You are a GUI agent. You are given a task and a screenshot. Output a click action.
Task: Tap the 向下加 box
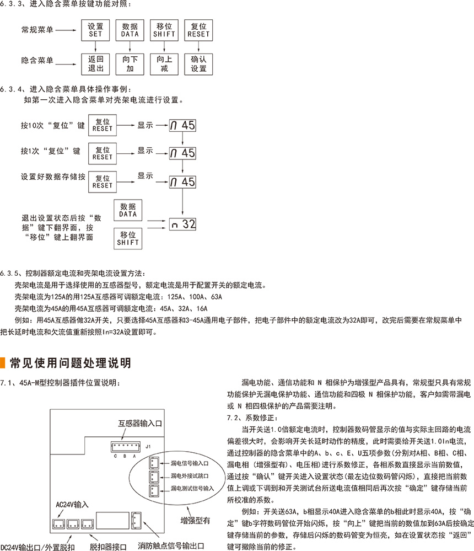tap(130, 64)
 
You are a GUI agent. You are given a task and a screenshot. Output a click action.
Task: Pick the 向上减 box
tap(164, 64)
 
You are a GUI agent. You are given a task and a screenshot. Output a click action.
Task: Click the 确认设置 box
tap(198, 64)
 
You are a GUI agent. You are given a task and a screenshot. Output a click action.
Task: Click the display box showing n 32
tap(182, 224)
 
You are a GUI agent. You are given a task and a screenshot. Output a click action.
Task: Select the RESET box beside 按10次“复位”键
tap(103, 125)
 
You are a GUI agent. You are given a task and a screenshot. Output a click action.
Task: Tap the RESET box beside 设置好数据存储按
tap(103, 181)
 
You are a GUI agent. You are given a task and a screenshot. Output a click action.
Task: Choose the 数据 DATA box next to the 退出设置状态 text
tap(128, 210)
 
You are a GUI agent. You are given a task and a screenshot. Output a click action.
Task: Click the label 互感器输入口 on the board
tap(140, 424)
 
